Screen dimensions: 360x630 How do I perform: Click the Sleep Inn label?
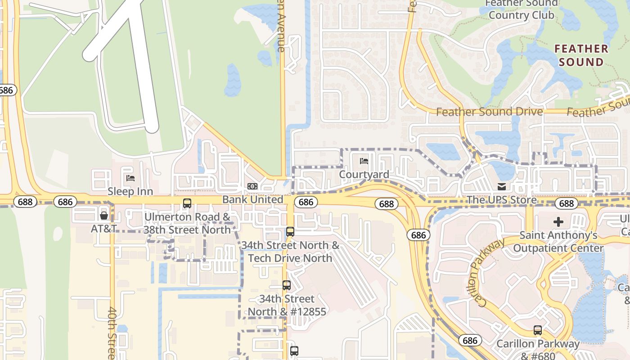130,191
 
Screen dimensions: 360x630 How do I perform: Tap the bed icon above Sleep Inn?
130,178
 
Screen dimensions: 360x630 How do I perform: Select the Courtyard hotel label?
364,174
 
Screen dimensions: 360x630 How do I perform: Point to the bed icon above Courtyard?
364,161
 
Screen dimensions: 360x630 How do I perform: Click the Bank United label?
252,199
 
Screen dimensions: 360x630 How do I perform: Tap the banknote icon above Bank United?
252,186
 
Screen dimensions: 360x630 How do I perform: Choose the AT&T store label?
104,229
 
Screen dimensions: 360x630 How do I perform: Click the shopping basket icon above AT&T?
104,215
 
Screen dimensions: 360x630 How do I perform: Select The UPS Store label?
501,199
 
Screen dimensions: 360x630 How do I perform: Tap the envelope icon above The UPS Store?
501,186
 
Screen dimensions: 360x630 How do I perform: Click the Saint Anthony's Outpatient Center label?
558,242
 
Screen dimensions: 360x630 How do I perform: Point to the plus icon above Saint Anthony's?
558,222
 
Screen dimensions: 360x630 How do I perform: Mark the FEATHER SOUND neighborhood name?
581,55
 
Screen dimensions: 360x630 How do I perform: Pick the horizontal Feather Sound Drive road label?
489,112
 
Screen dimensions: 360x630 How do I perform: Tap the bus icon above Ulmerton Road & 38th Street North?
187,203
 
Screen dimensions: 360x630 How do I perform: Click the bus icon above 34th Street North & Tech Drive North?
290,232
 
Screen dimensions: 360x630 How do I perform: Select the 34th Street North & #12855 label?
287,305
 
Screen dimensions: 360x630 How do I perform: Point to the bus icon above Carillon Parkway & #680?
537,330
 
